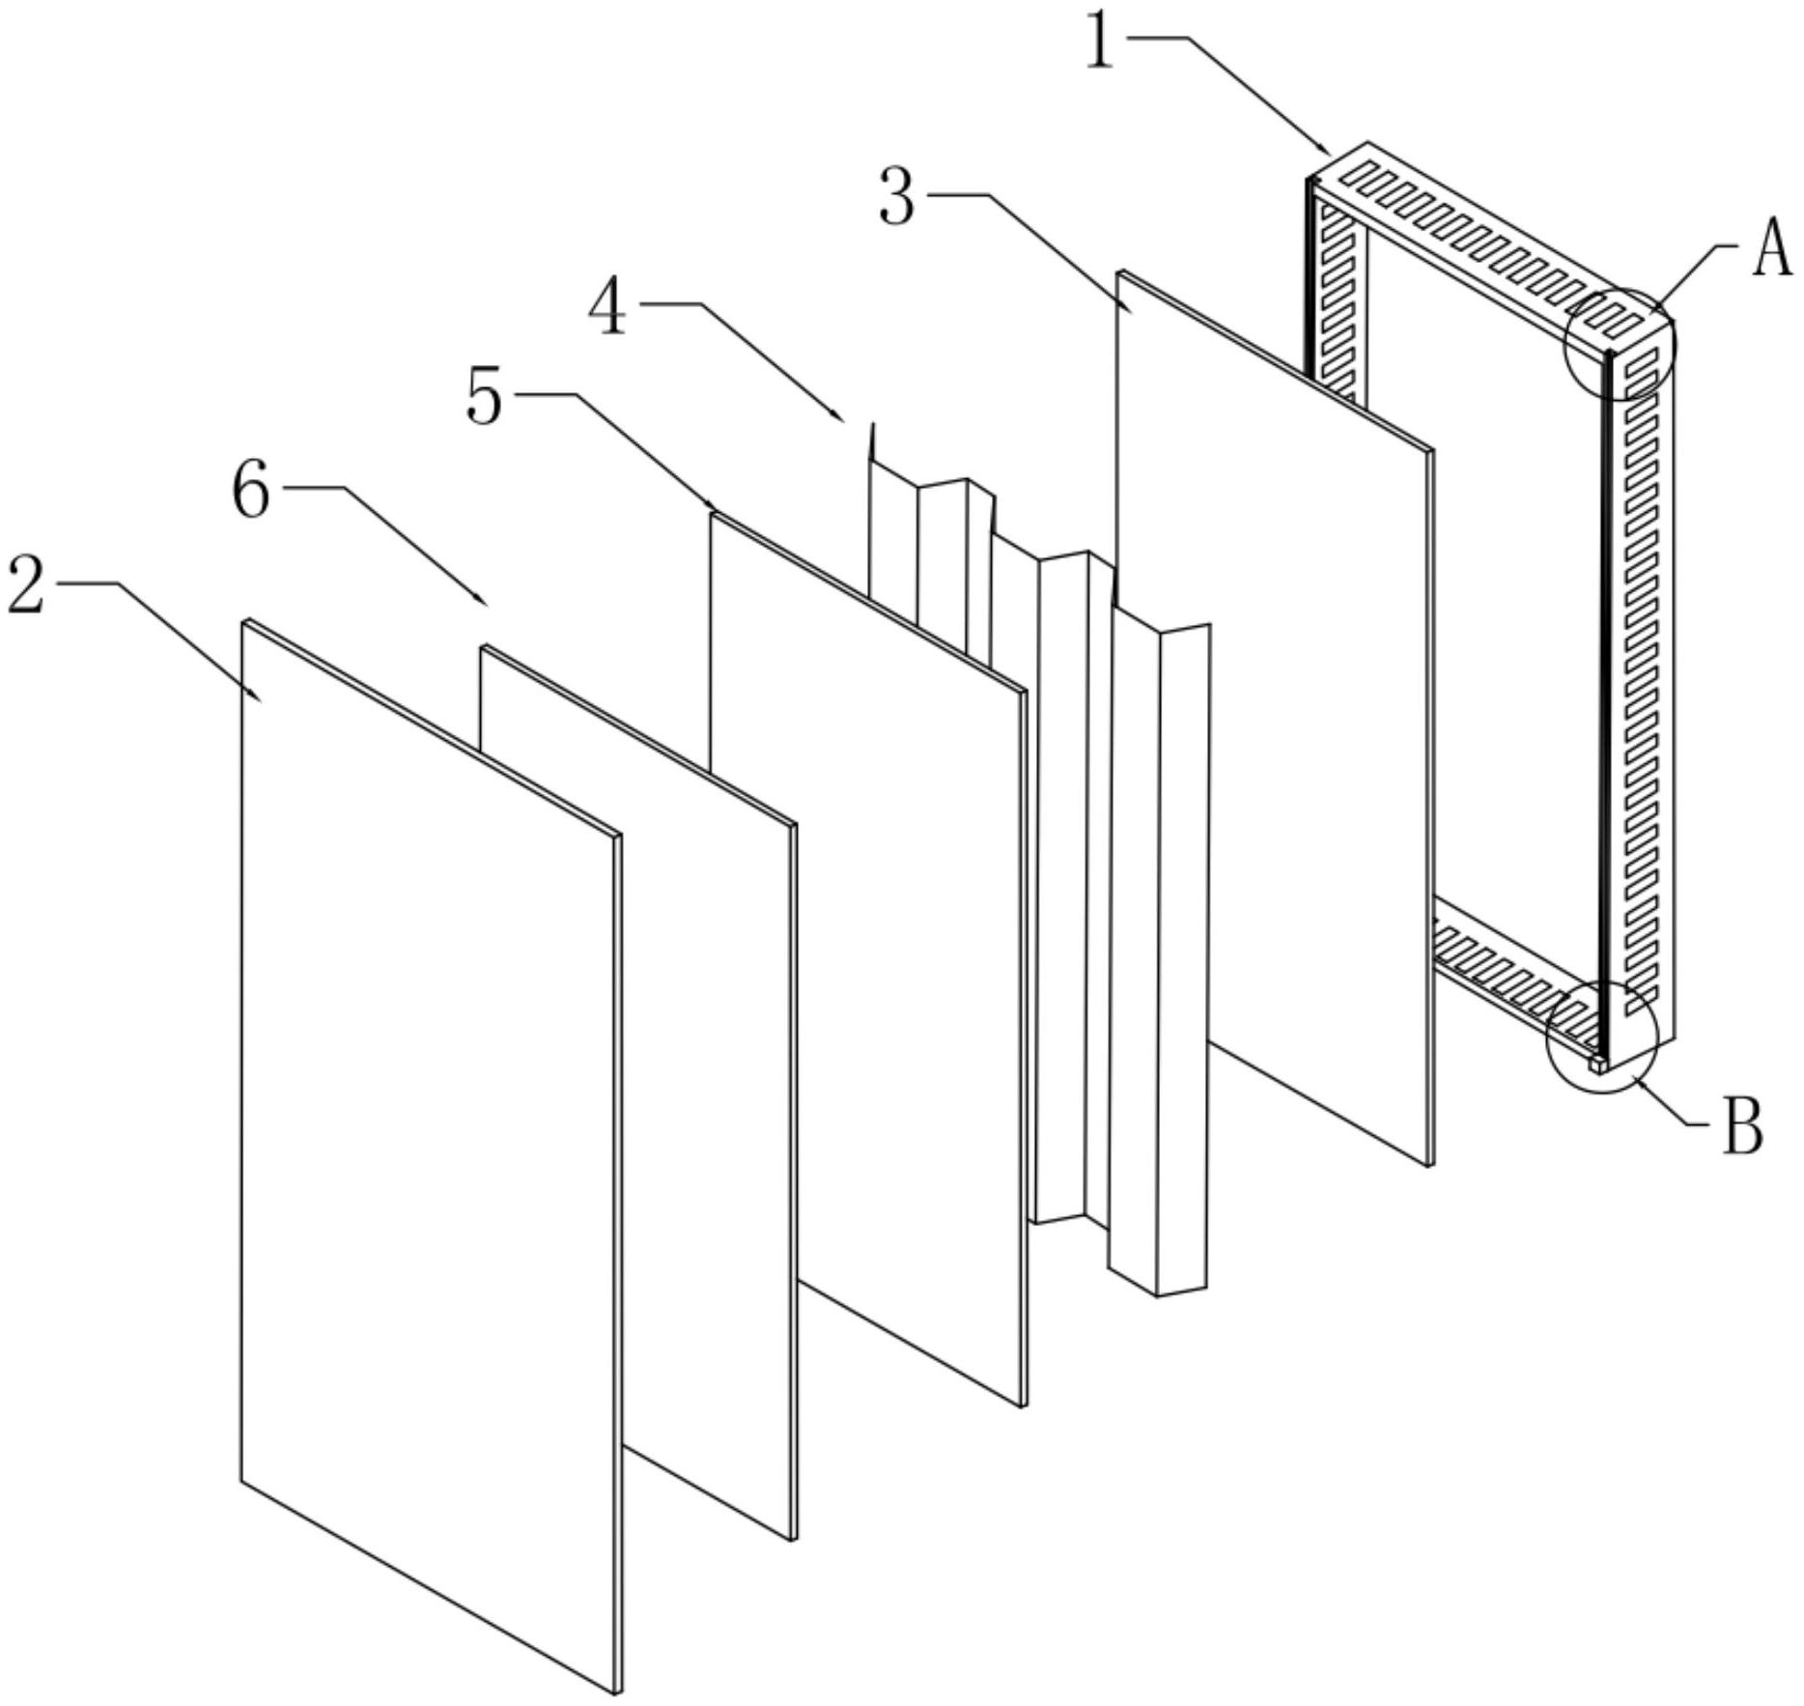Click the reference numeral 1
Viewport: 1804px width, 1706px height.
pyautogui.click(x=1101, y=41)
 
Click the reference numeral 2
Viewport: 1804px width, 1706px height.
pyautogui.click(x=26, y=586)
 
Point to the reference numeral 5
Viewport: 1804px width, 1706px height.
pyautogui.click(x=485, y=396)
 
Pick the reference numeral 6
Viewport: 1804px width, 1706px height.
pyautogui.click(x=251, y=491)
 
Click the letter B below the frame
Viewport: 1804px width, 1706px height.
pyautogui.click(x=1743, y=1126)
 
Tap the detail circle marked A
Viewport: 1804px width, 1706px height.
pyautogui.click(x=1621, y=344)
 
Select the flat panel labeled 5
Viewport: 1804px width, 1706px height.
pyautogui.click(x=867, y=959)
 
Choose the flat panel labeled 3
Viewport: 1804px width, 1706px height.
pyautogui.click(x=1275, y=718)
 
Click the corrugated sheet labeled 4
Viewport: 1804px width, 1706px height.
pyautogui.click(x=1039, y=860)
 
